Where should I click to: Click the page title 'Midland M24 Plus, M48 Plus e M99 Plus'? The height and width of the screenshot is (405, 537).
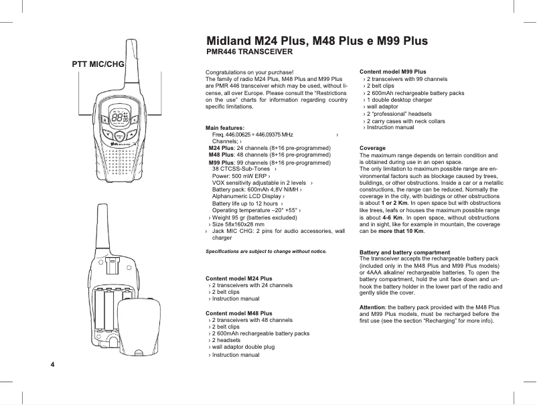pos(317,41)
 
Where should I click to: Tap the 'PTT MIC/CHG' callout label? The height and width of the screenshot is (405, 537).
pos(98,64)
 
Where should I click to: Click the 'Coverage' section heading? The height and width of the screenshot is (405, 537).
pos(372,148)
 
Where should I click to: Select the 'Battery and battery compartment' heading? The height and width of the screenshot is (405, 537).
pos(404,252)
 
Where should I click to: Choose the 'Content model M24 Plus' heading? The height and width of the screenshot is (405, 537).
pos(238,278)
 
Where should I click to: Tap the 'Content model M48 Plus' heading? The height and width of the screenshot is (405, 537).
pos(238,313)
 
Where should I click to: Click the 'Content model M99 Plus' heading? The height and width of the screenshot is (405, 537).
pos(393,71)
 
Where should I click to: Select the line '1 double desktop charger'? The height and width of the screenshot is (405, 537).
pos(399,100)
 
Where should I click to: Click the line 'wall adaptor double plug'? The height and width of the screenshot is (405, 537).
pos(244,347)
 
